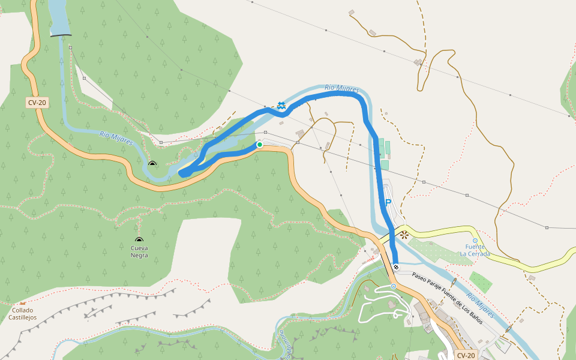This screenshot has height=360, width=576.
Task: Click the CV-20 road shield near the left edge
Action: (37, 103)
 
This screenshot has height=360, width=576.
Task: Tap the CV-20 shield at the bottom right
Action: (466, 355)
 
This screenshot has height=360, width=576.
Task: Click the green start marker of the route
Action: (260, 145)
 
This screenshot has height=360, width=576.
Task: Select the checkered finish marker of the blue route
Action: (396, 267)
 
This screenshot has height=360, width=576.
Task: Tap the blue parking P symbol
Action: (388, 203)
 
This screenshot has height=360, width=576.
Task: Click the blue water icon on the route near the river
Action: (281, 106)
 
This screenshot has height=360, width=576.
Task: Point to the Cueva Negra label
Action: (139, 251)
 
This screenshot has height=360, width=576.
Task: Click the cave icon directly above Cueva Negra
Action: (139, 239)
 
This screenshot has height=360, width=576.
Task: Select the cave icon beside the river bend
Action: (152, 163)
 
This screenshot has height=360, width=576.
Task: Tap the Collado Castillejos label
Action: (22, 313)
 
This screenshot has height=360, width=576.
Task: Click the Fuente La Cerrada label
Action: (475, 250)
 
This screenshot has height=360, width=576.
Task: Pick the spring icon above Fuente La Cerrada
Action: (475, 240)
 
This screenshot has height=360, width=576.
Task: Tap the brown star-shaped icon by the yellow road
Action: (404, 235)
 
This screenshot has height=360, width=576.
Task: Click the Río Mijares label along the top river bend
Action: (341, 89)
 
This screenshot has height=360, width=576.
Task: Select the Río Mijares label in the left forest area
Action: (116, 139)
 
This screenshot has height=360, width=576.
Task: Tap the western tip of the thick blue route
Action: (182, 173)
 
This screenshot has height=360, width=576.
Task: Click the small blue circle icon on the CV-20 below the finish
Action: (393, 286)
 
